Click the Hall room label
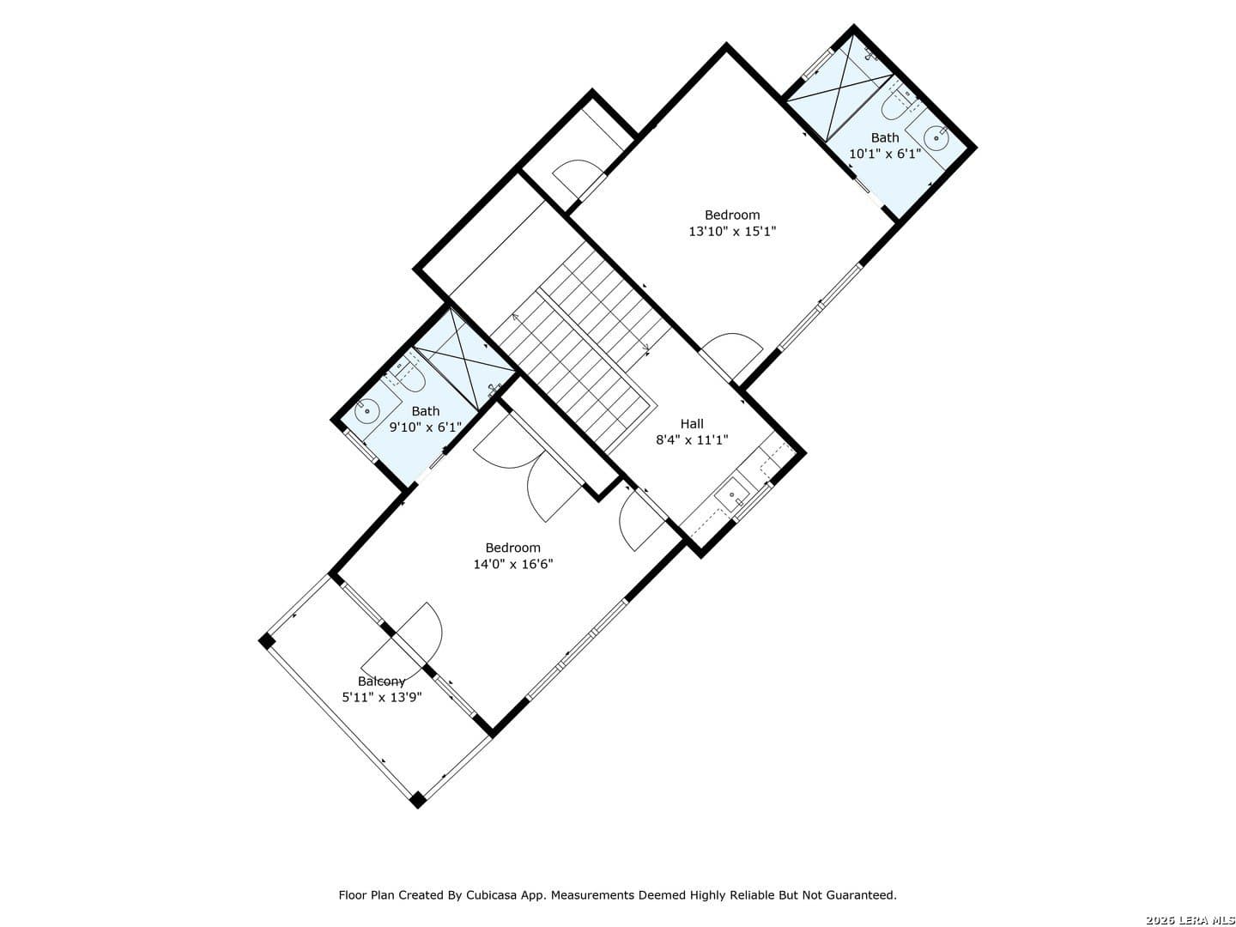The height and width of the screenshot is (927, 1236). (x=692, y=424)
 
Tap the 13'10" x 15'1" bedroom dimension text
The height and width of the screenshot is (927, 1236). (x=732, y=232)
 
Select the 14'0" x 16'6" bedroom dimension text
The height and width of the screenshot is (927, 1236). (x=513, y=564)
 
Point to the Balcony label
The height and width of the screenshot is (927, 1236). (x=381, y=682)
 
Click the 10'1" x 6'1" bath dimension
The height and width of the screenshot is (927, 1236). (x=885, y=154)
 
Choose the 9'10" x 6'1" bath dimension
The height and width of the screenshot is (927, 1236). (x=425, y=427)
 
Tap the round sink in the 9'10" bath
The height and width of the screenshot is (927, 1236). (x=367, y=410)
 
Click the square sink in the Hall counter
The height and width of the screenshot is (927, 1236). (x=731, y=494)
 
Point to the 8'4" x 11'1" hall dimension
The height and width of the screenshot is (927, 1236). (x=692, y=440)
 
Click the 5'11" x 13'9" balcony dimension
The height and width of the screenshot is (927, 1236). (x=382, y=697)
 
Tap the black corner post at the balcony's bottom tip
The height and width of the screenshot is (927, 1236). (x=417, y=799)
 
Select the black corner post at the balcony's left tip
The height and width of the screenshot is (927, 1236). (x=266, y=641)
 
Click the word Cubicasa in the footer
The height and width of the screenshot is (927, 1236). (x=489, y=895)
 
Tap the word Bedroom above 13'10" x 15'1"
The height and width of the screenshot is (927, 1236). (x=732, y=215)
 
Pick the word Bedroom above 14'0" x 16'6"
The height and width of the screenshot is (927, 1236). (x=513, y=548)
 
